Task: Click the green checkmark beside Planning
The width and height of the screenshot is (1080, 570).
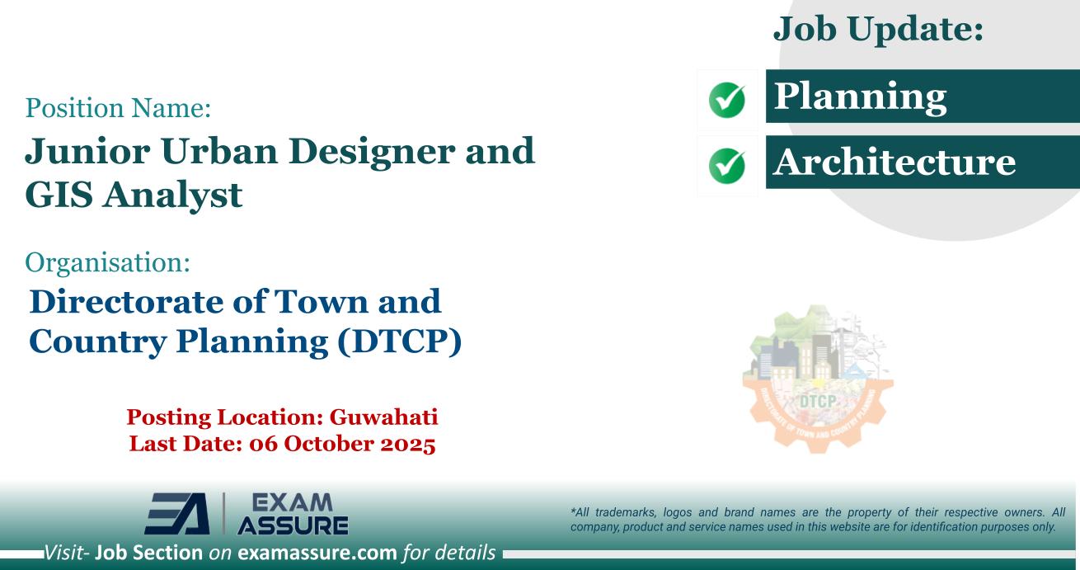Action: pos(727,100)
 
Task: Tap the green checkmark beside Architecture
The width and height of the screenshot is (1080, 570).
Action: pos(727,166)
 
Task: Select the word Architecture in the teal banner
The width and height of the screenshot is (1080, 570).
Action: pos(895,162)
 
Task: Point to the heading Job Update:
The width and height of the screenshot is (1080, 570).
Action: pos(878,30)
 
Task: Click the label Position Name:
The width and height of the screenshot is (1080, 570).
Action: pos(118,107)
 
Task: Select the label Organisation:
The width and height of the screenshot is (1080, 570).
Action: pos(107,263)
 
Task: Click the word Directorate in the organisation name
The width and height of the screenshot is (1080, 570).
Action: pos(125,301)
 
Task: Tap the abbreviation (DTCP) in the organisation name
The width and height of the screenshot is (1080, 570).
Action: pos(400,342)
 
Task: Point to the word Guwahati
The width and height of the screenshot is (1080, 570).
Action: pos(384,417)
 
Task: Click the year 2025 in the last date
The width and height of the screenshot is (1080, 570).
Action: pos(408,444)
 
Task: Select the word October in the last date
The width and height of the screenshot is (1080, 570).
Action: pos(327,444)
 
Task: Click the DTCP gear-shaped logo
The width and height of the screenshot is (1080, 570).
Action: pos(818,379)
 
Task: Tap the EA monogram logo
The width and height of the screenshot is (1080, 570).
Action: pos(177,513)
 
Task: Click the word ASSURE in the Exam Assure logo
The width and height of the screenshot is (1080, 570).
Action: pos(293,525)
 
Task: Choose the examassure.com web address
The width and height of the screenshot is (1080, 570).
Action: pos(317,553)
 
